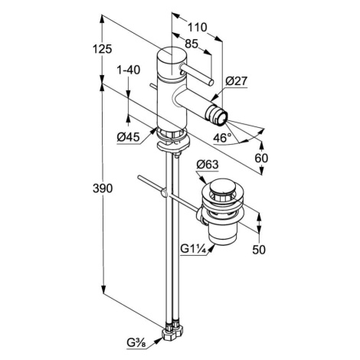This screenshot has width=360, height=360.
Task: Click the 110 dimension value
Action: click(197, 28)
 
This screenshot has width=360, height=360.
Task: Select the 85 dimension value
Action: click(191, 44)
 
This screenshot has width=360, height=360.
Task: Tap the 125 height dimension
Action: click(102, 49)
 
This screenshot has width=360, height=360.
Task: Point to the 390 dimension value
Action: click(103, 188)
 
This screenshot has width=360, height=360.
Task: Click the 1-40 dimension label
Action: click(129, 70)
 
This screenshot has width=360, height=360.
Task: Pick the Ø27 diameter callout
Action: click(237, 81)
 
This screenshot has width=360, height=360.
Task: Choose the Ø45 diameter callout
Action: click(129, 138)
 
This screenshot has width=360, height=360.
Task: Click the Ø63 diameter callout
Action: click(208, 165)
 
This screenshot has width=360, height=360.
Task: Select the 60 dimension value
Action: click(261, 159)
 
